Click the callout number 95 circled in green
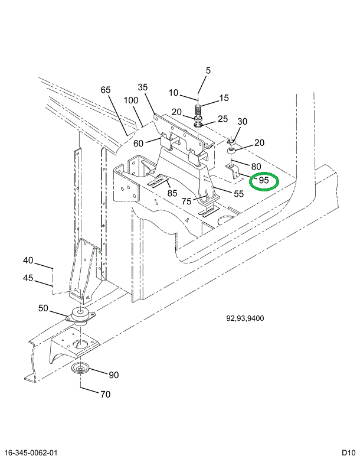(x=263, y=180)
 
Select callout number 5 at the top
(x=208, y=71)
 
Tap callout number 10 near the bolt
(x=174, y=93)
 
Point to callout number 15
(x=224, y=98)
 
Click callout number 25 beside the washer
(x=222, y=119)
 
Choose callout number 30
(x=242, y=122)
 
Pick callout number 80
(x=256, y=166)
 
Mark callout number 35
(x=143, y=87)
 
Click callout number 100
(x=132, y=100)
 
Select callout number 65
(x=106, y=90)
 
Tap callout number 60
(x=138, y=143)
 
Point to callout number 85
(x=172, y=193)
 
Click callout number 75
(x=186, y=201)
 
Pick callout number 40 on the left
(x=29, y=261)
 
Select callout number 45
(x=29, y=279)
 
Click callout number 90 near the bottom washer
(x=113, y=375)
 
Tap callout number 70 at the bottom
(x=105, y=394)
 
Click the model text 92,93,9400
(x=245, y=319)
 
